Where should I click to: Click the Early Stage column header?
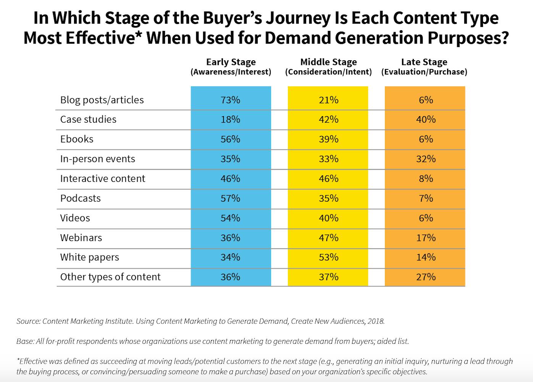point(231,66)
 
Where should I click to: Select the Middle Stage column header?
point(328,66)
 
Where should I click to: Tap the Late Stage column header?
point(424,66)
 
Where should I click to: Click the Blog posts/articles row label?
point(102,100)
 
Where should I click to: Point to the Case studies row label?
point(88,120)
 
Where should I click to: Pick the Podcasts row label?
point(81,198)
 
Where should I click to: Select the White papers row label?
point(90,257)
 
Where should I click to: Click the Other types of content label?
point(110,277)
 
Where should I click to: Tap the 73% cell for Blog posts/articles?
point(230,100)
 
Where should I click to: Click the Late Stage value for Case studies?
point(426,120)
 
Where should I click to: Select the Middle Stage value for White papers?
point(328,257)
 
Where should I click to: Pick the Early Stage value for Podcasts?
point(230,198)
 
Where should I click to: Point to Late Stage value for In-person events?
point(426,159)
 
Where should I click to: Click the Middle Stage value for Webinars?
point(328,238)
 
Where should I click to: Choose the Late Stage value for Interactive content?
point(426,179)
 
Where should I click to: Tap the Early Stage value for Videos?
point(230,218)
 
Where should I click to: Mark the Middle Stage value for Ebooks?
point(328,139)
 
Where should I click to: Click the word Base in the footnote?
point(24,341)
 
